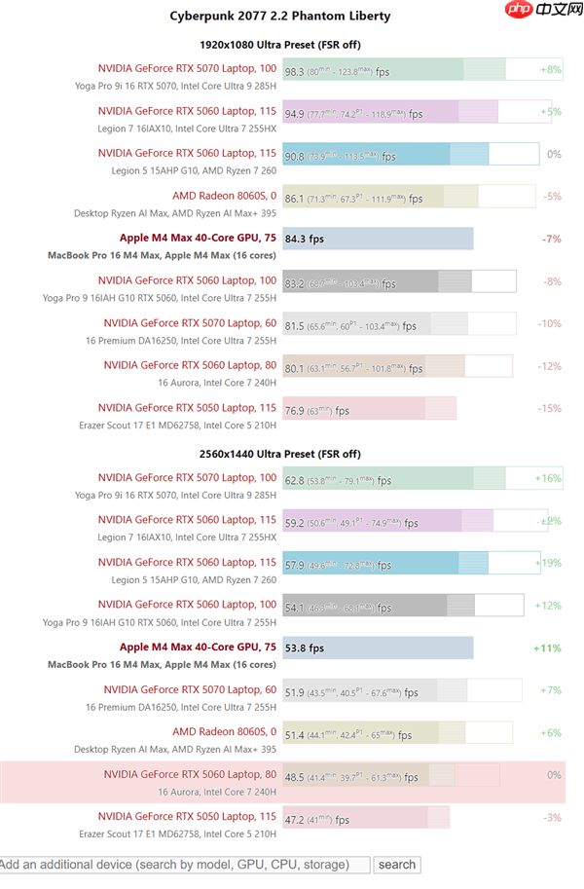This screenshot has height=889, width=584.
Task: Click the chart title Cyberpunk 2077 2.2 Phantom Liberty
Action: pyautogui.click(x=280, y=16)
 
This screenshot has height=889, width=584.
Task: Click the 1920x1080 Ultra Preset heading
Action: pyautogui.click(x=280, y=44)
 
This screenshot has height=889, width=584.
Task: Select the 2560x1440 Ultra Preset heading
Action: pyautogui.click(x=280, y=454)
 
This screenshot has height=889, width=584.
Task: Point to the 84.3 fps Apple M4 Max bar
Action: pyautogui.click(x=378, y=239)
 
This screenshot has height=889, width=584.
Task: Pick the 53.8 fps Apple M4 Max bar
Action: pyautogui.click(x=378, y=648)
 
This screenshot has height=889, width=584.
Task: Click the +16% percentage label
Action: pyautogui.click(x=548, y=478)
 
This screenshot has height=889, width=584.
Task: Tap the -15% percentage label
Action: pyautogui.click(x=550, y=408)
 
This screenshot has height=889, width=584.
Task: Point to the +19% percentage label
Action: pyautogui.click(x=548, y=562)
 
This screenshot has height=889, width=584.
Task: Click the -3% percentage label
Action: pyautogui.click(x=553, y=817)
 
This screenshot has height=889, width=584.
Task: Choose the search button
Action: pyautogui.click(x=397, y=865)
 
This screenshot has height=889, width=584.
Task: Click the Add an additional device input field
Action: pyautogui.click(x=185, y=865)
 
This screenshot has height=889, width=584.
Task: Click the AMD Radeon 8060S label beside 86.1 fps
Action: pyautogui.click(x=224, y=196)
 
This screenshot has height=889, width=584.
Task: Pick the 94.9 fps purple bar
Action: pyautogui.click(x=389, y=113)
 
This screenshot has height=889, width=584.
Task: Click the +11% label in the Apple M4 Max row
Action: pyautogui.click(x=547, y=648)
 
